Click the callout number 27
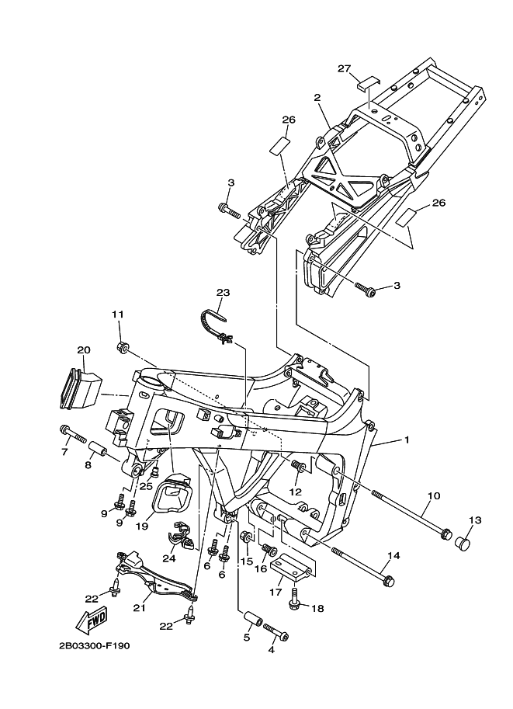click(345, 69)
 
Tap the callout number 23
click(224, 293)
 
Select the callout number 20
click(84, 350)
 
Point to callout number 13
click(475, 520)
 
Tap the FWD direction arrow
click(91, 620)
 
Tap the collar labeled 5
click(251, 622)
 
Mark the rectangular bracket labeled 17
click(294, 567)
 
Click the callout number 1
click(406, 440)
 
